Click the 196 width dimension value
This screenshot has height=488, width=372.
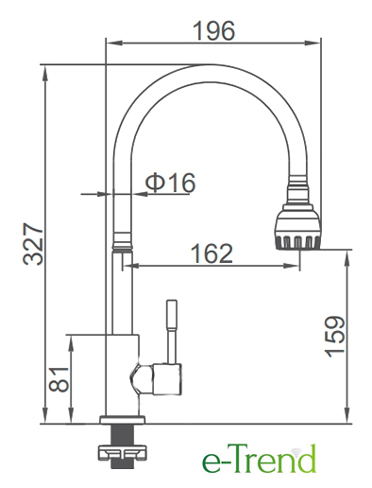click(214, 30)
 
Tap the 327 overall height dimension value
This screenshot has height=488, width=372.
click(33, 244)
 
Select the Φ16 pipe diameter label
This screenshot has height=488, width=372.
click(170, 183)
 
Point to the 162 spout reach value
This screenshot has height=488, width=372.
click(212, 253)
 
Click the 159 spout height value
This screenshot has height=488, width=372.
click(335, 337)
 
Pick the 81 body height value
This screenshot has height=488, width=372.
click(59, 379)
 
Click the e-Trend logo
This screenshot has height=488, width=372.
click(259, 459)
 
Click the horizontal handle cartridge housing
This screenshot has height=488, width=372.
click(167, 379)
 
